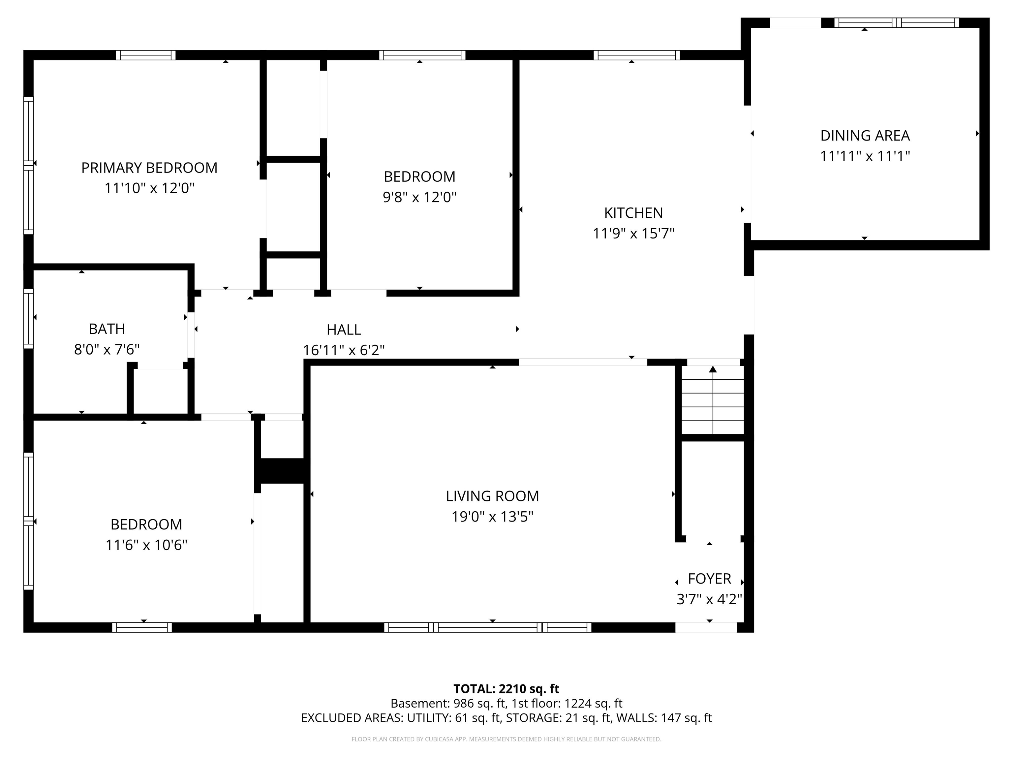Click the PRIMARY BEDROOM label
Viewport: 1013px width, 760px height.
tap(149, 168)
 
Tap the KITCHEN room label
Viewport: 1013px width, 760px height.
tap(633, 213)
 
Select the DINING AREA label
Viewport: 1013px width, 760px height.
tap(865, 136)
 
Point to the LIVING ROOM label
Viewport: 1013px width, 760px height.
tap(492, 496)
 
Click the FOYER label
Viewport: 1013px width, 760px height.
tap(709, 579)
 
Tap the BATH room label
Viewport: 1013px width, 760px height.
tap(107, 329)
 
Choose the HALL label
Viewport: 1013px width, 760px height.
tap(344, 330)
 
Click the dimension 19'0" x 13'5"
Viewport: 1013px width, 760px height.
tap(492, 517)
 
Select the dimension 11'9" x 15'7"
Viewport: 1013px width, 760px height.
tap(633, 234)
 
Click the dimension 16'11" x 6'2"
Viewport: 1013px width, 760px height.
tap(344, 350)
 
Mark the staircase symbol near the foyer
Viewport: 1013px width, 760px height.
tap(713, 399)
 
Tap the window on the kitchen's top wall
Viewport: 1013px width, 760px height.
tap(636, 55)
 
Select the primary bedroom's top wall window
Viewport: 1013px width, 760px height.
tap(146, 55)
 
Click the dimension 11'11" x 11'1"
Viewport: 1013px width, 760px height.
tap(865, 156)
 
